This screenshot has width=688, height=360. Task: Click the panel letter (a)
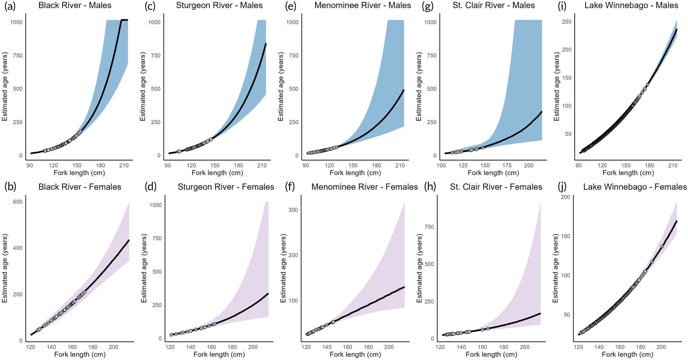[x=10, y=6]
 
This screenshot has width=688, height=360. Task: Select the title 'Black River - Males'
[x=75, y=5]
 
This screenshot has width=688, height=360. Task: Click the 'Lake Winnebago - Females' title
[x=635, y=187]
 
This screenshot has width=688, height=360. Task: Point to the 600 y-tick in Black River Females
[x=17, y=202]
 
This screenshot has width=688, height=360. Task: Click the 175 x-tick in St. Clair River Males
[x=507, y=166]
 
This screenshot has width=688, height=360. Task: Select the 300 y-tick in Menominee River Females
[x=293, y=210]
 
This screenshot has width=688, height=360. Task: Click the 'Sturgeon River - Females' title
[x=226, y=187]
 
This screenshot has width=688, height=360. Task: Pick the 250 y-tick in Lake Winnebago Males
[x=567, y=22]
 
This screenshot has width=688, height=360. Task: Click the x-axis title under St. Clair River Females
[x=491, y=355]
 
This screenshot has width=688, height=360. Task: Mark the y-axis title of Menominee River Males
[x=281, y=86]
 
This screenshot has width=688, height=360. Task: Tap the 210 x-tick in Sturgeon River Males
[x=262, y=166]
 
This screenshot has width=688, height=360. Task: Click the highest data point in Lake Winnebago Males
[x=648, y=85]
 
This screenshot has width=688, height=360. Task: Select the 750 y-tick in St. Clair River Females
[x=429, y=227]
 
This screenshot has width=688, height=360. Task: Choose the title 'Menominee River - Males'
[x=363, y=5]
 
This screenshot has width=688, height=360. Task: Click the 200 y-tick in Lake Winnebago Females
[x=565, y=197]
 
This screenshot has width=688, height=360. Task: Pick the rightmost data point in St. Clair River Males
[x=483, y=148]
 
